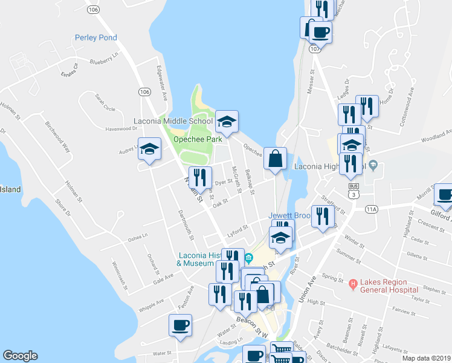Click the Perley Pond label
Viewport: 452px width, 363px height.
[x=95, y=38]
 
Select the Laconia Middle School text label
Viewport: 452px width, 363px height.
[x=173, y=120]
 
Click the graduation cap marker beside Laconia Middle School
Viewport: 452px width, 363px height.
[x=227, y=122]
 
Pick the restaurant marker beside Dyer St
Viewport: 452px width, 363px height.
[x=200, y=177]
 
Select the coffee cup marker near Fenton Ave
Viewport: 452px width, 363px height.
[x=181, y=325]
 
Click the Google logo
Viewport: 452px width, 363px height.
[x=20, y=356]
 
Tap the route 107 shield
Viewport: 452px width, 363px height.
[x=314, y=48]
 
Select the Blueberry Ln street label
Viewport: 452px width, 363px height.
[x=104, y=60]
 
